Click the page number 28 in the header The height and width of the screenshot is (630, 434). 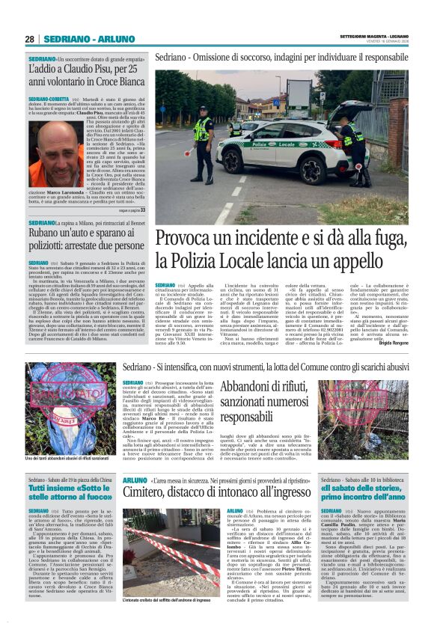tap(29, 39)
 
